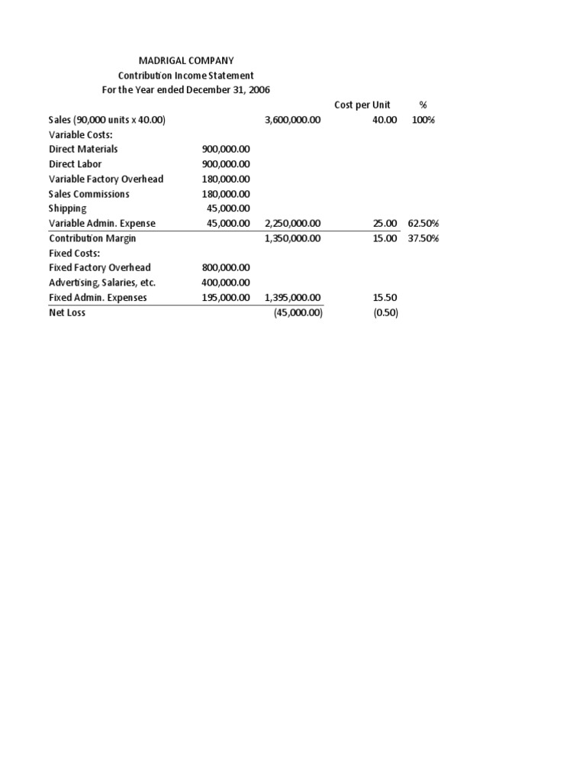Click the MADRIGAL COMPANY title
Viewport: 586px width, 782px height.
click(185, 60)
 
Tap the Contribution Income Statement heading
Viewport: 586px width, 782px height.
click(185, 76)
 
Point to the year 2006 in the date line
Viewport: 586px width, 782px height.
click(257, 90)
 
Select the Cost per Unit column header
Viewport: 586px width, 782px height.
click(362, 105)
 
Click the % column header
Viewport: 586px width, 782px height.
click(423, 105)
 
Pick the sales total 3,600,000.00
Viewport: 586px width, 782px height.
click(293, 120)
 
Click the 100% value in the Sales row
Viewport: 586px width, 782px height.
click(423, 120)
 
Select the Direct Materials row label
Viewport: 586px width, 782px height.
click(83, 149)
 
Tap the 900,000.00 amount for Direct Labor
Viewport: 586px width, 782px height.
click(226, 164)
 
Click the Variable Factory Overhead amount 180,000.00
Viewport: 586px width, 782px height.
click(226, 179)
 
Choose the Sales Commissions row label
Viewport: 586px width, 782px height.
click(89, 194)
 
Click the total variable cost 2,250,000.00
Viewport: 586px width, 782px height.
click(293, 224)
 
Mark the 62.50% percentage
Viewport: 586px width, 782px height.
click(423, 224)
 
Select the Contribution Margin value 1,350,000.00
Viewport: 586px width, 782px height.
click(293, 238)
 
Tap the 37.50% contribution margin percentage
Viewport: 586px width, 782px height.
click(423, 238)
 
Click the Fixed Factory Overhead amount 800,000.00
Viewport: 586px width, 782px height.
click(226, 268)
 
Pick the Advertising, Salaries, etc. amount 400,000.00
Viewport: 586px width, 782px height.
click(226, 283)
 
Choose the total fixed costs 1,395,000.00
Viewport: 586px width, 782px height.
click(293, 298)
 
